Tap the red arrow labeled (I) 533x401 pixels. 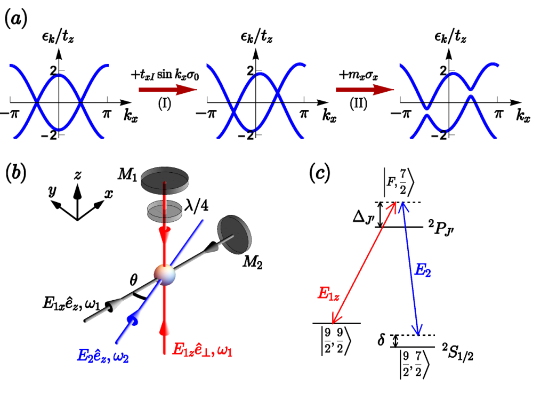pyautogui.click(x=167, y=90)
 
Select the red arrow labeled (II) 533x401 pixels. pyautogui.click(x=365, y=90)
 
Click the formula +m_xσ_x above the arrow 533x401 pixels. pyautogui.click(x=358, y=75)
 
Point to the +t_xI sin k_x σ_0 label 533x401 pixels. pyautogui.click(x=165, y=75)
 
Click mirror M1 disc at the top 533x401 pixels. pyautogui.click(x=165, y=179)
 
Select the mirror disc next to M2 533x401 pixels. pyautogui.click(x=234, y=234)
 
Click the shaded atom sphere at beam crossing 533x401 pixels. pyautogui.click(x=165, y=275)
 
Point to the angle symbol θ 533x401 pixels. pyautogui.click(x=134, y=280)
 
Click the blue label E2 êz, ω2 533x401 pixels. pyautogui.click(x=103, y=356)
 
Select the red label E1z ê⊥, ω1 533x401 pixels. pyautogui.click(x=203, y=349)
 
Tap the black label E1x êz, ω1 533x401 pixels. pyautogui.click(x=71, y=303)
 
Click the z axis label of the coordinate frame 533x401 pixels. pyautogui.click(x=78, y=175)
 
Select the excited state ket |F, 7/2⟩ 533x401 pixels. pyautogui.click(x=399, y=183)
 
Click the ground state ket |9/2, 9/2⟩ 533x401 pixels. pyautogui.click(x=335, y=341)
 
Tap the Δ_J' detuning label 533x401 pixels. pyautogui.click(x=364, y=218)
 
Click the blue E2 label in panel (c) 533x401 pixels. pyautogui.click(x=423, y=271)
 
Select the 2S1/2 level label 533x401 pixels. pyautogui.click(x=457, y=352)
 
